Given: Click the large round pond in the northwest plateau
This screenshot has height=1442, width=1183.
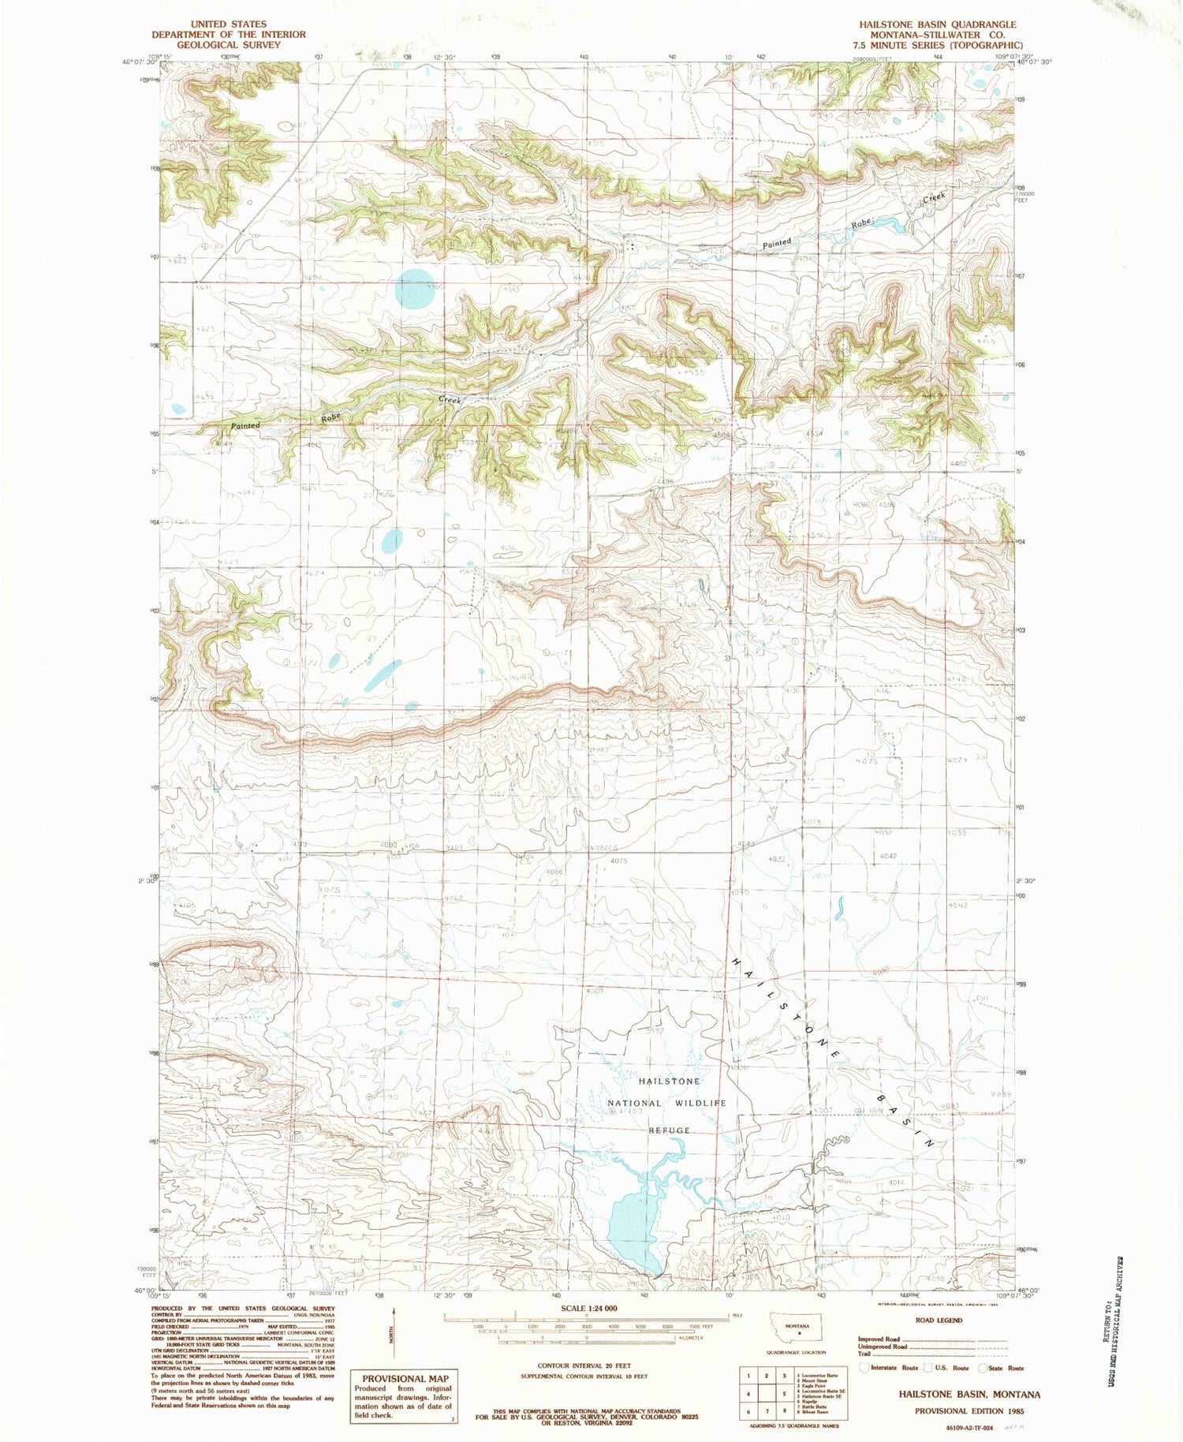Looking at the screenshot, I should [414, 290].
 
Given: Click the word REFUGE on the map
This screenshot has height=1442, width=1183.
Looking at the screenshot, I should [669, 1130].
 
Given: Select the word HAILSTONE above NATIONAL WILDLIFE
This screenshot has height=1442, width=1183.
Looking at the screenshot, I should [669, 1081].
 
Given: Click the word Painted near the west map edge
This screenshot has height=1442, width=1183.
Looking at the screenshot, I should [245, 426].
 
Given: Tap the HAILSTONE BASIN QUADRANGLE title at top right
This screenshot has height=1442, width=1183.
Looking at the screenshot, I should [938, 24].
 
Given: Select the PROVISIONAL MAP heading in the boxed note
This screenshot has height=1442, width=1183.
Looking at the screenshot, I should [405, 1378].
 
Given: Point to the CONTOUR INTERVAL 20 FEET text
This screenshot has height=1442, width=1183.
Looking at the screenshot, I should [584, 1365].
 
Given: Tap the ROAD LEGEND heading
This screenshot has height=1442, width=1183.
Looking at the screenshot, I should [939, 1320].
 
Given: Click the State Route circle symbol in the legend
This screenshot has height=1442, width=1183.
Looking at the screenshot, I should [983, 1368].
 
